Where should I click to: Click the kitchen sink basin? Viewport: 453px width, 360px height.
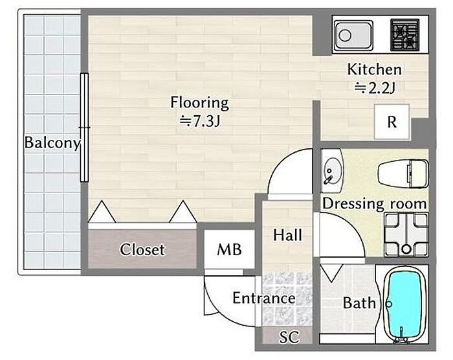coord(354,35)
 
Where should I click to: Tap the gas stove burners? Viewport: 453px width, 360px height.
coord(404,35)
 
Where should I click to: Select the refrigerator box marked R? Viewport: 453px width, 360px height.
coord(392,122)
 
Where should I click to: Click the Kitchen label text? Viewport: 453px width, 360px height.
coord(375,69)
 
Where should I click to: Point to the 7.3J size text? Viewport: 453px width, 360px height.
coord(200,121)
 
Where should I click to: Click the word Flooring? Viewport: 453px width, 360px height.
coord(199,103)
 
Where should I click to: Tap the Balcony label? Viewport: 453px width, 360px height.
coord(52,142)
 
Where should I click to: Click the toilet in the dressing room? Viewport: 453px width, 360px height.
coord(403,174)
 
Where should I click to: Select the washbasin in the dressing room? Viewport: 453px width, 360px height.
coord(331,170)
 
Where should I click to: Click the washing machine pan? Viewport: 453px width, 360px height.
coord(406,235)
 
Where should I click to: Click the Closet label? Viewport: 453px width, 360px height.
coord(142,249)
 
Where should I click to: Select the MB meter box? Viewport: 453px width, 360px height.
coord(229,249)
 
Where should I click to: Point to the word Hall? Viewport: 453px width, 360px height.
coord(287,235)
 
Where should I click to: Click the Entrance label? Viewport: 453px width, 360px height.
coord(264,298)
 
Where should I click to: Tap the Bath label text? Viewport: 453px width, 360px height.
coord(359,303)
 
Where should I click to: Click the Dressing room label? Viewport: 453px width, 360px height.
coord(375,203)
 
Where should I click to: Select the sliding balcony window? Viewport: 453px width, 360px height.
coord(84,128)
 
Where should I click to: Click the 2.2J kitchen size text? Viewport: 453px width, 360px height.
coord(375,87)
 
